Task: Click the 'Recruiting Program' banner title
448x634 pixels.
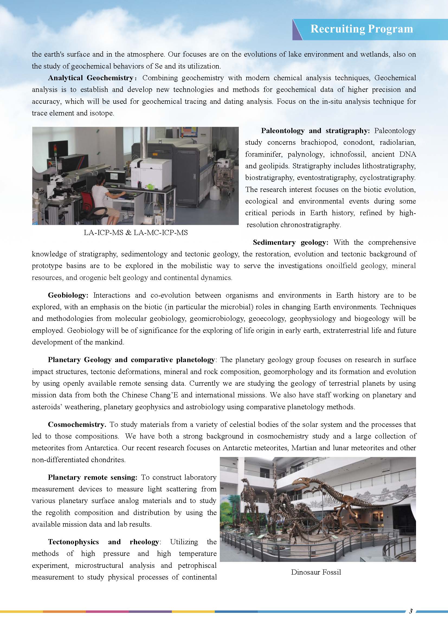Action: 362,29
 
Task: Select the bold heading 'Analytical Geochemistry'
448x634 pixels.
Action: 91,78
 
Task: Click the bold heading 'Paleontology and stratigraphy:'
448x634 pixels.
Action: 315,131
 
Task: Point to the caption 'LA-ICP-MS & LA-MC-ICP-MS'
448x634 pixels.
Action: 136,233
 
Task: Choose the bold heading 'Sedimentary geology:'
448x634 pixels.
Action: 291,242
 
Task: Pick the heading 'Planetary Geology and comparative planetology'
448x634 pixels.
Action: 131,360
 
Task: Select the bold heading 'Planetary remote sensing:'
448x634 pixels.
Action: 92,477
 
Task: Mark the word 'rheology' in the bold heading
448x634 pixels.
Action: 144,542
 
